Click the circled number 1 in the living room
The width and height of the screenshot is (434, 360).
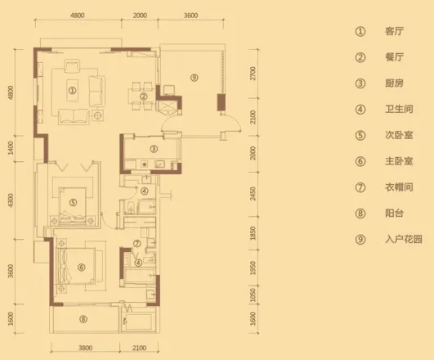72,90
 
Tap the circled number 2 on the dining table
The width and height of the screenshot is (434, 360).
143,97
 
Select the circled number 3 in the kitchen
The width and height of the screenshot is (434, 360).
154,149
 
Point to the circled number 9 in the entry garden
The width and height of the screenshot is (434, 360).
195,78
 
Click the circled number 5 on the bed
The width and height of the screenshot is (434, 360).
73,202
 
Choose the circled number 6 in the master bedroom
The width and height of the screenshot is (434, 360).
81,268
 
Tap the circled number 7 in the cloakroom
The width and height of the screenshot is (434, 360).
137,244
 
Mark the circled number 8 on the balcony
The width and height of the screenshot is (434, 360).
83,319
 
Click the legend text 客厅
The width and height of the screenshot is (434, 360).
394,31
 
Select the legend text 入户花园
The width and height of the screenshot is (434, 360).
404,239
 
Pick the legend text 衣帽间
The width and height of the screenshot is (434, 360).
399,187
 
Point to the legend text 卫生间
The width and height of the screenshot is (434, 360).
399,109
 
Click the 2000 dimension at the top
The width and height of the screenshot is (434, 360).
140,16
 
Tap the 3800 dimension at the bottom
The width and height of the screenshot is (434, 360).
85,348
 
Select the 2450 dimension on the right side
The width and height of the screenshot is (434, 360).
253,194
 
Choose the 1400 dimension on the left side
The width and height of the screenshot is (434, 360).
11,148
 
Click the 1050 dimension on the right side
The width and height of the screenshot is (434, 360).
253,295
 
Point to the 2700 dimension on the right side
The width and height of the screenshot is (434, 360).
253,74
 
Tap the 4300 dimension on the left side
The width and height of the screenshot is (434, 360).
11,200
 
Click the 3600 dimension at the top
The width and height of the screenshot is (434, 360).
191,16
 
